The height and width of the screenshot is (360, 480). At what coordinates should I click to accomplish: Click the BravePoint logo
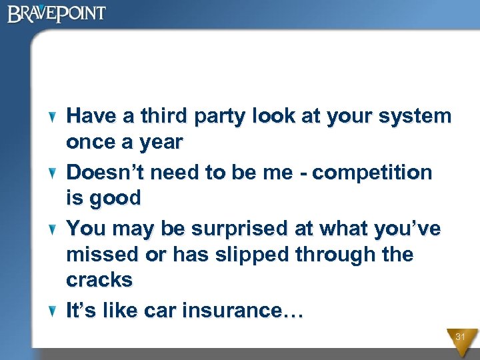[x=57, y=14]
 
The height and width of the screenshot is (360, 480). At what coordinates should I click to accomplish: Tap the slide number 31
[x=460, y=337]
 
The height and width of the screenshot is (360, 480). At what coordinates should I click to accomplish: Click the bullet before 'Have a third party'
[x=54, y=117]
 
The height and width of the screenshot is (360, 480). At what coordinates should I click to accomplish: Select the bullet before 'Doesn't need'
[x=54, y=173]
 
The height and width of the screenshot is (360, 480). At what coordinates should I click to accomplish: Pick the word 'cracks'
[x=99, y=280]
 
